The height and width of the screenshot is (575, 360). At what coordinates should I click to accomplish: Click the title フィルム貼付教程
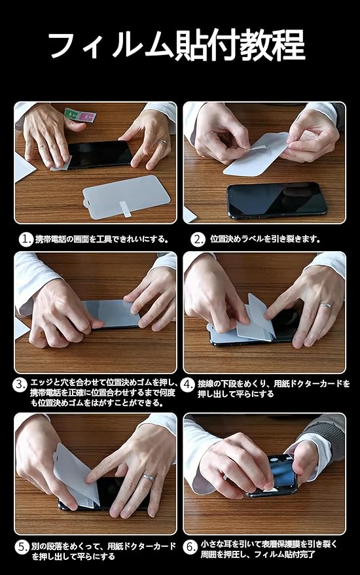click(177, 45)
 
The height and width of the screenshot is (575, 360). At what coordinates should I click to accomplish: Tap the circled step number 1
click(26, 239)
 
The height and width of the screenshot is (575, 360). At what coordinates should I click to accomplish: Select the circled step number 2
click(198, 239)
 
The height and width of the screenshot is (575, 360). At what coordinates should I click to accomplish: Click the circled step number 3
click(20, 385)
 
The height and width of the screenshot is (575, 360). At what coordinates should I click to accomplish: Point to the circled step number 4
click(189, 385)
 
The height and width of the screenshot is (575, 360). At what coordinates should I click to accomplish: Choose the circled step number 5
click(22, 548)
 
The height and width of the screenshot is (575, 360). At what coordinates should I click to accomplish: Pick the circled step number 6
click(190, 547)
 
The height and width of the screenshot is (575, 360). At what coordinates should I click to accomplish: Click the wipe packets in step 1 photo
click(80, 116)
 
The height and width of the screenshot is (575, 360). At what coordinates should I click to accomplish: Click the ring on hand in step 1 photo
click(164, 141)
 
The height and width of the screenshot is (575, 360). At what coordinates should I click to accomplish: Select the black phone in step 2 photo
click(277, 200)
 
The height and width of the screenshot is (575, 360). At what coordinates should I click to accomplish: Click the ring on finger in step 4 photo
click(325, 305)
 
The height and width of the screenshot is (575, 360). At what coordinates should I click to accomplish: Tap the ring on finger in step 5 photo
click(149, 478)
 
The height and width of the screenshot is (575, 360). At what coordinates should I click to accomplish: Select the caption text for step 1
click(101, 239)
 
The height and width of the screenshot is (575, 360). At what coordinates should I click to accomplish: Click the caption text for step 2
click(265, 239)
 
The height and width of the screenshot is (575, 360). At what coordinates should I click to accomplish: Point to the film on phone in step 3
click(110, 313)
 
